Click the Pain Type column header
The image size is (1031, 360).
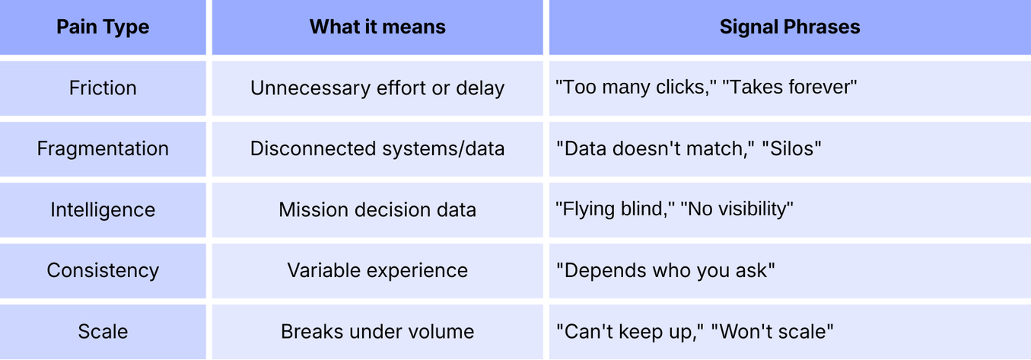tap(103, 27)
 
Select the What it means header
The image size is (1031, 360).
tap(377, 27)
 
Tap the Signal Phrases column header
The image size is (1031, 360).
tap(790, 27)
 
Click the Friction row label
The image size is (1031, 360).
tap(103, 88)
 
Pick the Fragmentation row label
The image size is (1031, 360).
tap(103, 148)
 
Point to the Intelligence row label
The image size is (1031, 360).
tap(103, 209)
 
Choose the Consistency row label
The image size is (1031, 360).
tap(103, 270)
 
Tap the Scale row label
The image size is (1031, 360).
tap(103, 332)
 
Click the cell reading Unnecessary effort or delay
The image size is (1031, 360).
tap(377, 88)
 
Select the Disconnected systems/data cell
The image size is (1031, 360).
tap(377, 148)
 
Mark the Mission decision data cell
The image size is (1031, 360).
tap(377, 209)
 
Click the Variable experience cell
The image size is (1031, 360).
tap(377, 270)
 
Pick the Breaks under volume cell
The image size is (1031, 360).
tap(377, 332)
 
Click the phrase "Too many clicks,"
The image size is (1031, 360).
tap(635, 88)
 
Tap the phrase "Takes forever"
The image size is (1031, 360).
tap(790, 88)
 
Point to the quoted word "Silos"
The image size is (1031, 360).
tap(790, 148)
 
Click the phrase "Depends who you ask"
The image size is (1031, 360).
tap(666, 270)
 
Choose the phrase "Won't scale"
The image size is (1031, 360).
tap(772, 332)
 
